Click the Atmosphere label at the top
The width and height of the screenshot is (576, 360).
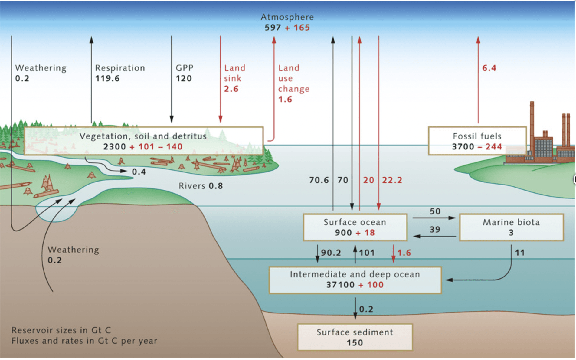click(287, 17)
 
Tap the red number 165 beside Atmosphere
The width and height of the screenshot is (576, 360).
click(302, 28)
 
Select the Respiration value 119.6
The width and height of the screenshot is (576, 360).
click(107, 78)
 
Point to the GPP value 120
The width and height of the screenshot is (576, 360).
click(184, 78)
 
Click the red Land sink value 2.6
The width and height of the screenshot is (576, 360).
click(231, 89)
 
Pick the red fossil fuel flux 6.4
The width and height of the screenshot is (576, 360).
click(489, 68)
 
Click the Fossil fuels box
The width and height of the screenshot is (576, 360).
click(477, 141)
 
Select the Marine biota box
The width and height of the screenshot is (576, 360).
click(511, 227)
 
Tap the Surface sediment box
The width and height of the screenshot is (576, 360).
click(355, 337)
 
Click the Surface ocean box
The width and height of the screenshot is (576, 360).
click(355, 227)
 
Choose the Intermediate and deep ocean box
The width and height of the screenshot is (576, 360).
click(355, 280)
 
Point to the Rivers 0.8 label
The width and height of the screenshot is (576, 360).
click(201, 186)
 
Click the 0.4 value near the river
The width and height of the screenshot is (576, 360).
click(139, 172)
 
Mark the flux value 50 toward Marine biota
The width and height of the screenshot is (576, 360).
click(435, 211)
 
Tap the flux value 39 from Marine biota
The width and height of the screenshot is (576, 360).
click(435, 230)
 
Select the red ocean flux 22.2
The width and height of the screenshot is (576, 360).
click(392, 180)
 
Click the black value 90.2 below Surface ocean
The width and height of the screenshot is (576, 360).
click(331, 253)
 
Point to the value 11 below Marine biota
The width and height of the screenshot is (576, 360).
click(520, 253)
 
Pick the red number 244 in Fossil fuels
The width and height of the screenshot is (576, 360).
click(494, 147)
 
